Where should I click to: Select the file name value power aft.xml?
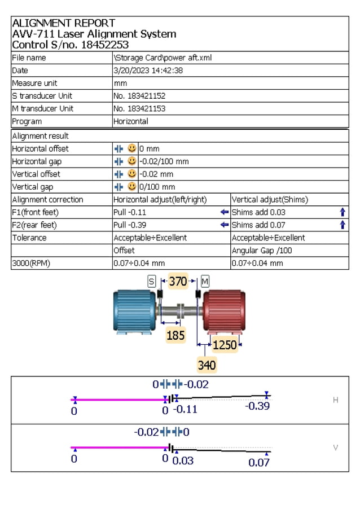[163, 58]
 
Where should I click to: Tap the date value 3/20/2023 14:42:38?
[148, 71]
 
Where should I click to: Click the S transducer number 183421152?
[139, 96]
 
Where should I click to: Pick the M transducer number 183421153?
[139, 108]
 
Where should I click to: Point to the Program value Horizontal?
[131, 121]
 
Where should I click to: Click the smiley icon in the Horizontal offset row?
[132, 148]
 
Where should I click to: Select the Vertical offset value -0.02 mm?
[156, 174]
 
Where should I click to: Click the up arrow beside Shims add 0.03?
[343, 212]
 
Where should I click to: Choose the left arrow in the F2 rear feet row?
[225, 225]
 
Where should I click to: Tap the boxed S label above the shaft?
[151, 281]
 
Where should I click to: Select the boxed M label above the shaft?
[205, 281]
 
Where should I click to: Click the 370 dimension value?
[178, 281]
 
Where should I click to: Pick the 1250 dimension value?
[224, 344]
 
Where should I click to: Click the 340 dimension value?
[207, 365]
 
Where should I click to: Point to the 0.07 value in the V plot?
[259, 463]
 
